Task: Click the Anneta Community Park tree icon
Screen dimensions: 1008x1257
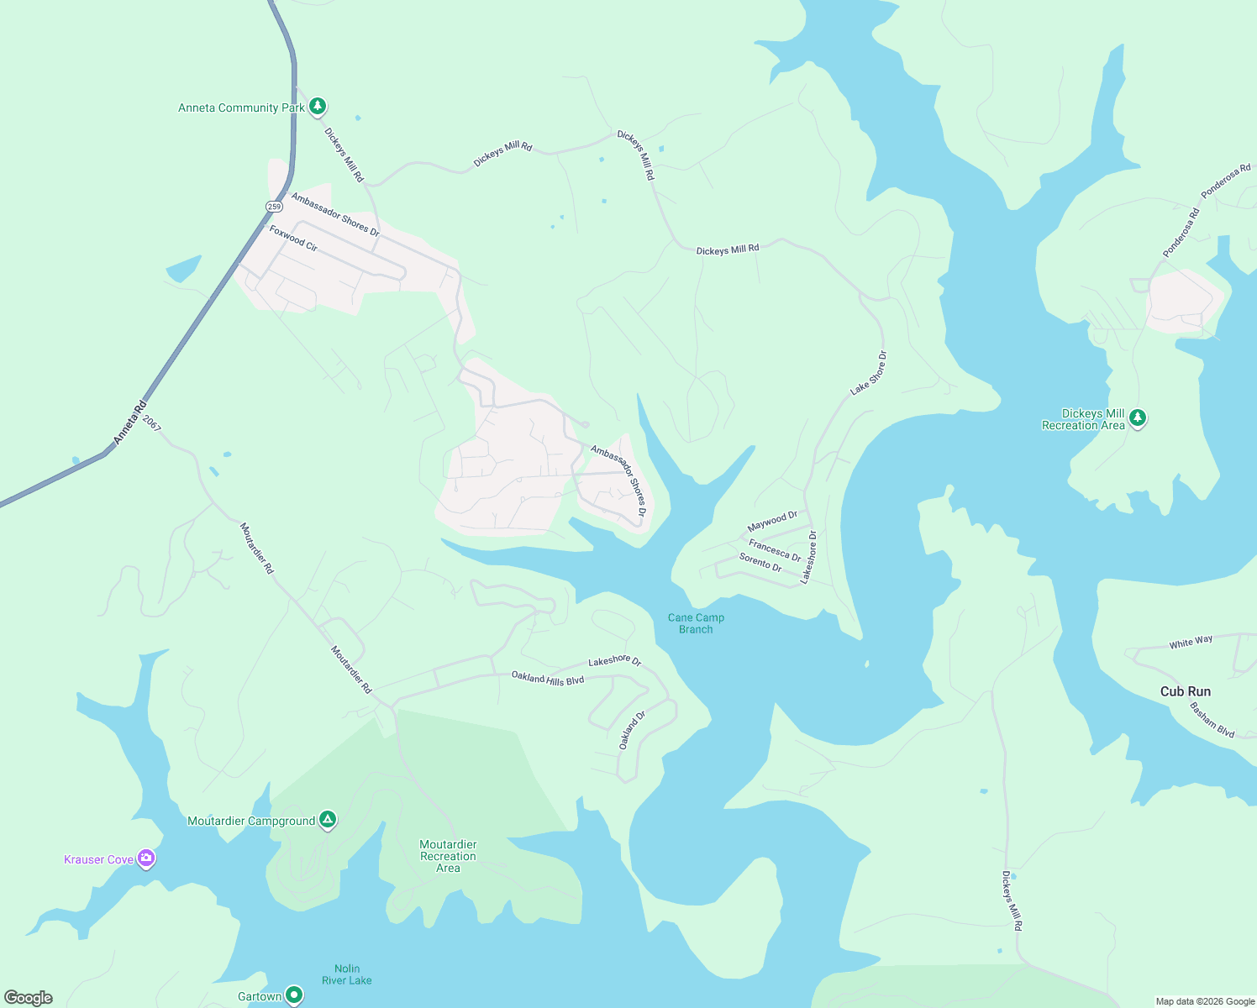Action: click(x=317, y=106)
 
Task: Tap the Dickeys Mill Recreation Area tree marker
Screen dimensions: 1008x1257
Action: click(x=1138, y=417)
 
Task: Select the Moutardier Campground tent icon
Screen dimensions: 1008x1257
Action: click(x=328, y=820)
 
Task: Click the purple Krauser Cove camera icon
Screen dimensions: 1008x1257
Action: click(x=146, y=858)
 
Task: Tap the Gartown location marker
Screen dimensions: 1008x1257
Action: click(x=293, y=995)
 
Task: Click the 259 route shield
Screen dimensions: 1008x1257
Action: click(x=274, y=206)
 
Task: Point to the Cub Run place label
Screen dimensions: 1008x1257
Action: click(x=1185, y=691)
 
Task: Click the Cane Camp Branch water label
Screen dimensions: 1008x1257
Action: click(x=696, y=623)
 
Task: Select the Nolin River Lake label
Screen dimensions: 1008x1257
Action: click(x=346, y=974)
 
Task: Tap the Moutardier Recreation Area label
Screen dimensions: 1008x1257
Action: click(x=448, y=856)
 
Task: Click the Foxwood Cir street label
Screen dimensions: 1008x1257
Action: click(x=293, y=238)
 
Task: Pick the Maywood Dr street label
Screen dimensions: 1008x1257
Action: click(x=772, y=522)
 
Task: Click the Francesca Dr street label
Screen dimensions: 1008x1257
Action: click(x=775, y=550)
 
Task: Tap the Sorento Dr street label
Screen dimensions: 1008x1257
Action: click(x=760, y=563)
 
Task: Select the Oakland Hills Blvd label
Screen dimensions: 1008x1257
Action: click(x=547, y=679)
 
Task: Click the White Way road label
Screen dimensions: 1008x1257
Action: click(x=1191, y=643)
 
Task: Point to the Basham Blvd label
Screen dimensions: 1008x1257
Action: click(x=1212, y=720)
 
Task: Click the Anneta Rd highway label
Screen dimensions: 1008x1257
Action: click(x=129, y=423)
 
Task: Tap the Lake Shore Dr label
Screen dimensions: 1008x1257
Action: click(x=868, y=373)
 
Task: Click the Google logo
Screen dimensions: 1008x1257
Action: click(x=29, y=998)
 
